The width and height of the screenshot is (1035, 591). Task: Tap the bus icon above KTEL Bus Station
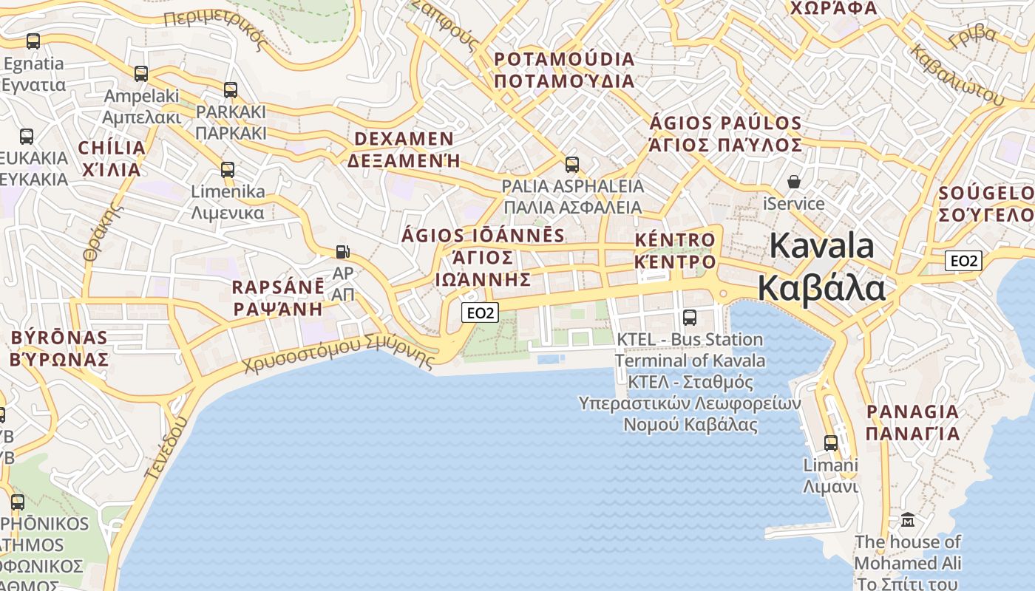690,318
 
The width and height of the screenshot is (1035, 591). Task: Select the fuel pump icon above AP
342,251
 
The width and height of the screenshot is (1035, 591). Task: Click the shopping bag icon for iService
794,182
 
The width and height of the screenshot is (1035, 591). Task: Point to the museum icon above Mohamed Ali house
908,520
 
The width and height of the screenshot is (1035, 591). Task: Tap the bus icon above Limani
831,443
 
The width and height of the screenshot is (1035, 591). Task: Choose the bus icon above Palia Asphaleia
571,164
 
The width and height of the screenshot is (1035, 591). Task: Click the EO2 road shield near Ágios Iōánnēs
481,313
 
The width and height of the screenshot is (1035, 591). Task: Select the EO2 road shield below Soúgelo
963,260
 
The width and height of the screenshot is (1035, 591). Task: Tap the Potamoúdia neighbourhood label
565,69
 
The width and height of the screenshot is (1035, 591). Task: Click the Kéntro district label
675,250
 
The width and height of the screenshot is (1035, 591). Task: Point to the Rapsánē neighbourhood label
278,298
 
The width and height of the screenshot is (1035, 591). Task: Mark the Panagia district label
912,422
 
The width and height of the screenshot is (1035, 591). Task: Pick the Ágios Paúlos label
725,134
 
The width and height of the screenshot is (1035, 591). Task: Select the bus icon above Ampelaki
140,74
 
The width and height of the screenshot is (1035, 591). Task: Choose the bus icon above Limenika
228,170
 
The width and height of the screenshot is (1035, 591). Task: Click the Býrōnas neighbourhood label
59,348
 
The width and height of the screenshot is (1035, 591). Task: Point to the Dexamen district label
404,149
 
